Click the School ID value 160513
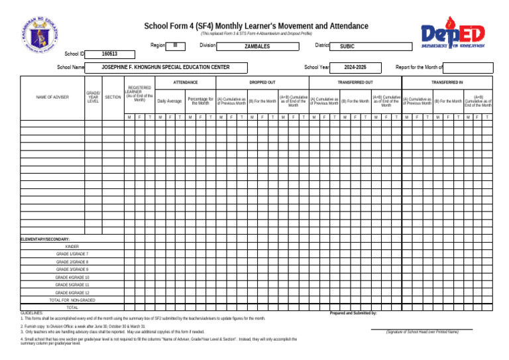pos(110,54)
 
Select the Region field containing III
pos(175,46)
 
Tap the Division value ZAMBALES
pos(257,46)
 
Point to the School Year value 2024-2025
pos(355,68)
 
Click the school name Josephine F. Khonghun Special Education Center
pos(166,68)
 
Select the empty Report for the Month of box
pos(468,68)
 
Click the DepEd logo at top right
pos(453,35)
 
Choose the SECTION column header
pos(113,97)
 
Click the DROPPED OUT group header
pos(262,82)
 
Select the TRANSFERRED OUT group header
pos(355,82)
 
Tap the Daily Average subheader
pos(169,101)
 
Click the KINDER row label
pos(72,246)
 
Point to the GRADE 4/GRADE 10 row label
pos(72,277)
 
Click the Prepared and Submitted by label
pos(353,312)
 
